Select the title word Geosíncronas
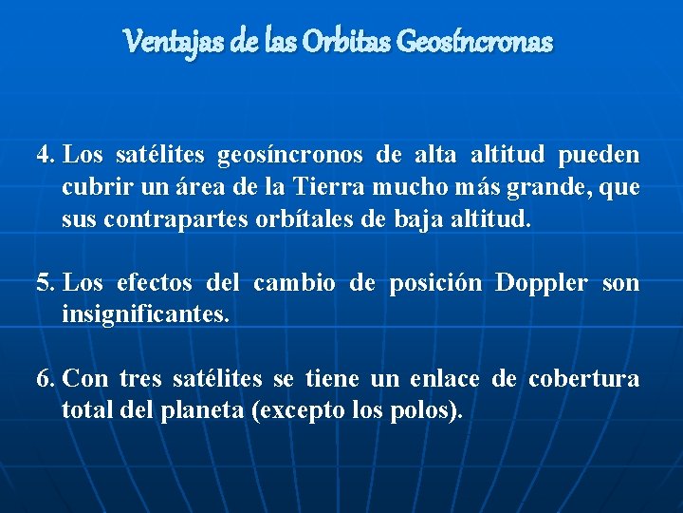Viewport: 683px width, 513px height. point(475,42)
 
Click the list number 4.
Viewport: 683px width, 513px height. point(45,154)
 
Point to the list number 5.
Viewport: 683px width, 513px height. point(45,283)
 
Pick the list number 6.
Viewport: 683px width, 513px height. point(45,380)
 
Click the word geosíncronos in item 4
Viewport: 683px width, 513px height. point(290,155)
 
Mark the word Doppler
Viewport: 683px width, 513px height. point(543,283)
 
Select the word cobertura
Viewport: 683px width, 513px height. point(583,380)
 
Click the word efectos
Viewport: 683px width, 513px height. point(155,283)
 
